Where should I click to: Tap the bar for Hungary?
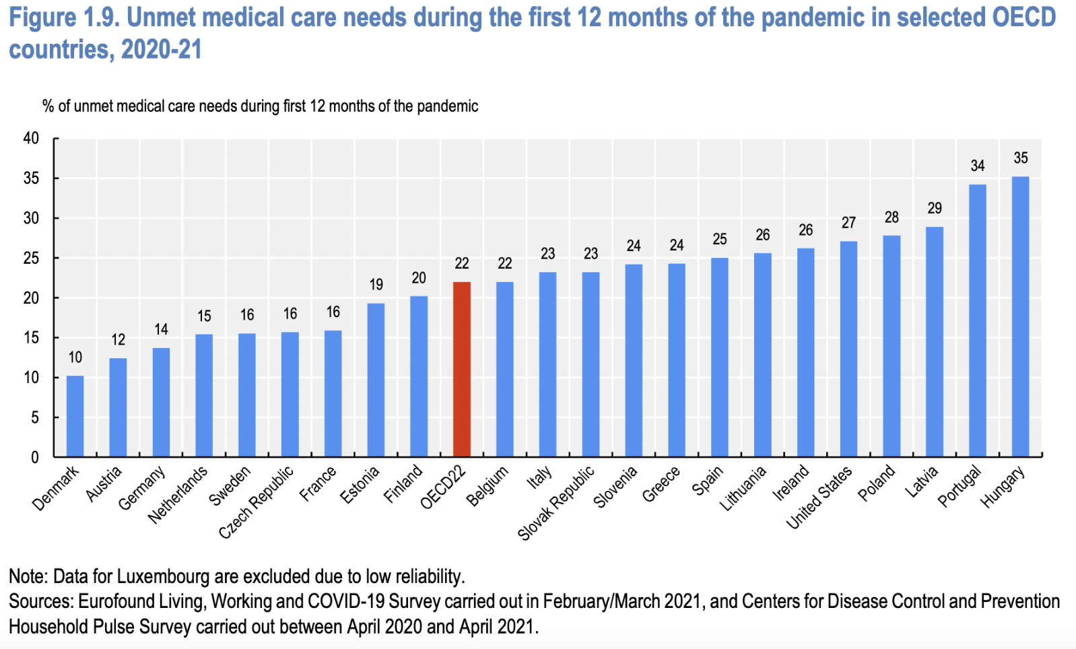pyautogui.click(x=1020, y=316)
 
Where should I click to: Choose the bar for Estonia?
pyautogui.click(x=376, y=380)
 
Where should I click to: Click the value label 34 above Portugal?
pyautogui.click(x=977, y=166)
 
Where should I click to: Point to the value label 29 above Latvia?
pyautogui.click(x=935, y=208)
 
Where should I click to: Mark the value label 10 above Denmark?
pyautogui.click(x=75, y=357)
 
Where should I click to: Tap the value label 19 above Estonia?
pyautogui.click(x=376, y=285)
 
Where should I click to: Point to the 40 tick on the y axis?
pyautogui.click(x=31, y=139)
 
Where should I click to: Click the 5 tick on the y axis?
pyautogui.click(x=35, y=417)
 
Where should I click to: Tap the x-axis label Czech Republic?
pyautogui.click(x=257, y=502)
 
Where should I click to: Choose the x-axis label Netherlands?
pyautogui.click(x=178, y=494)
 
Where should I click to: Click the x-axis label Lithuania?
pyautogui.click(x=743, y=488)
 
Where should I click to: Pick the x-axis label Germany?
pyautogui.click(x=142, y=488)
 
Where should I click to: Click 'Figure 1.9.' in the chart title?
pyautogui.click(x=63, y=18)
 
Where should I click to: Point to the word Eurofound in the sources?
pyautogui.click(x=112, y=601)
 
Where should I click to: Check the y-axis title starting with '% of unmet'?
pyautogui.click(x=260, y=106)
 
